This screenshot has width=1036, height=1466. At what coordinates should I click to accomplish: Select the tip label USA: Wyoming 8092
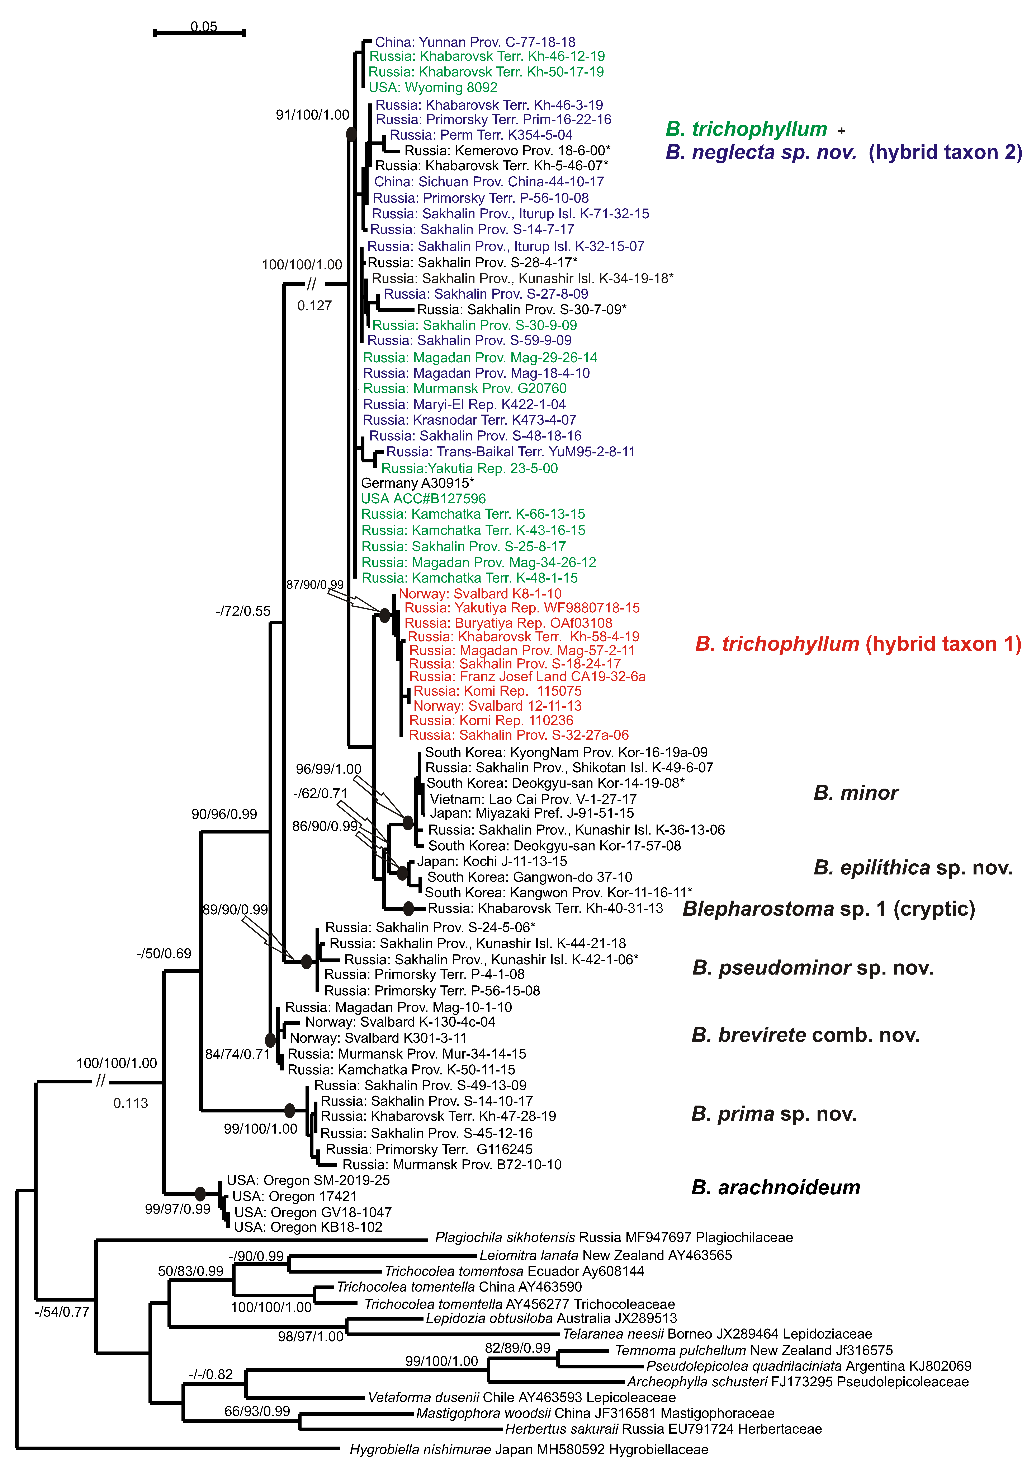click(x=433, y=88)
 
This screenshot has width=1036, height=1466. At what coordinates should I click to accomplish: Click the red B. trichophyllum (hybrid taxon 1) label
click(x=858, y=644)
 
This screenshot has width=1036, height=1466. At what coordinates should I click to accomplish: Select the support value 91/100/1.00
click(x=312, y=115)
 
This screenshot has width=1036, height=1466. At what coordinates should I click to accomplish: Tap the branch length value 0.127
click(x=314, y=306)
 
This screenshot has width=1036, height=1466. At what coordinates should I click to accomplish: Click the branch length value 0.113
click(x=130, y=1103)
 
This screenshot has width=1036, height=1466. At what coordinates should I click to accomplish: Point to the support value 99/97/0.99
click(x=178, y=1209)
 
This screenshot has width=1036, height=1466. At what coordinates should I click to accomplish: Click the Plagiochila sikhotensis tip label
click(x=613, y=1237)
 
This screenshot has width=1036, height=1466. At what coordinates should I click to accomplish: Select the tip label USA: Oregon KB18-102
click(x=308, y=1227)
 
